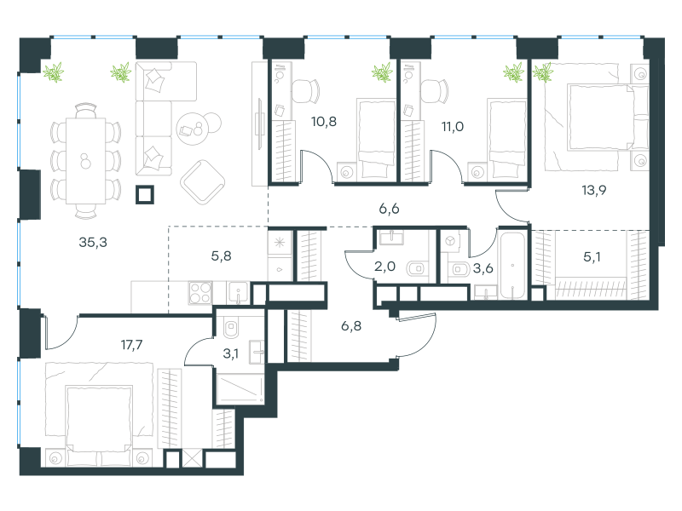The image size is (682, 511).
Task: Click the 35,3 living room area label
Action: [93, 242]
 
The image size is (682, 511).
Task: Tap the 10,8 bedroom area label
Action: [324, 121]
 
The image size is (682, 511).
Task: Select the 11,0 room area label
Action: [453, 126]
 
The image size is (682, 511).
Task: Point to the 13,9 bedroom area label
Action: [593, 190]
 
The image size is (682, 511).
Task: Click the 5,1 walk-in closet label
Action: [592, 257]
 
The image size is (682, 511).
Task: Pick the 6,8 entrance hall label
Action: [350, 325]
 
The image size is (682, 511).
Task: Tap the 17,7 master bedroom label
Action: [131, 345]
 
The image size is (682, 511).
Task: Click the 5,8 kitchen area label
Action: [221, 256]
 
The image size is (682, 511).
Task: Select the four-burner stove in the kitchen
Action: [200, 292]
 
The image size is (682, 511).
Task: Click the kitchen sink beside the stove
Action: [238, 293]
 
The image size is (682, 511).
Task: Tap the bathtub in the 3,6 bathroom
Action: [513, 266]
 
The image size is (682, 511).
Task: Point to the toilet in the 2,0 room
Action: [418, 268]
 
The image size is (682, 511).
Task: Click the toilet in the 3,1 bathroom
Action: [231, 327]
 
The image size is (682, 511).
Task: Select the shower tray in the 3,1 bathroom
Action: [240, 389]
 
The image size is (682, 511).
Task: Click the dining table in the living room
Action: [86, 161]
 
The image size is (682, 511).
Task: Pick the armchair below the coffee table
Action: [202, 182]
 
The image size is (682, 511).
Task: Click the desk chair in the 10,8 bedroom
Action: [305, 91]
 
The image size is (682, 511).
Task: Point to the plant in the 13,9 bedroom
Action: [543, 72]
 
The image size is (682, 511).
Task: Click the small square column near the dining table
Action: [145, 195]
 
